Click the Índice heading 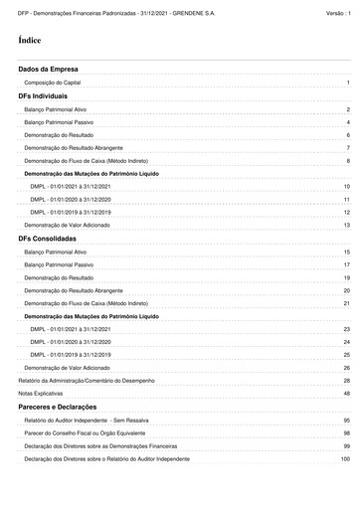tap(29, 41)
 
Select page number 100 tap(345, 459)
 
